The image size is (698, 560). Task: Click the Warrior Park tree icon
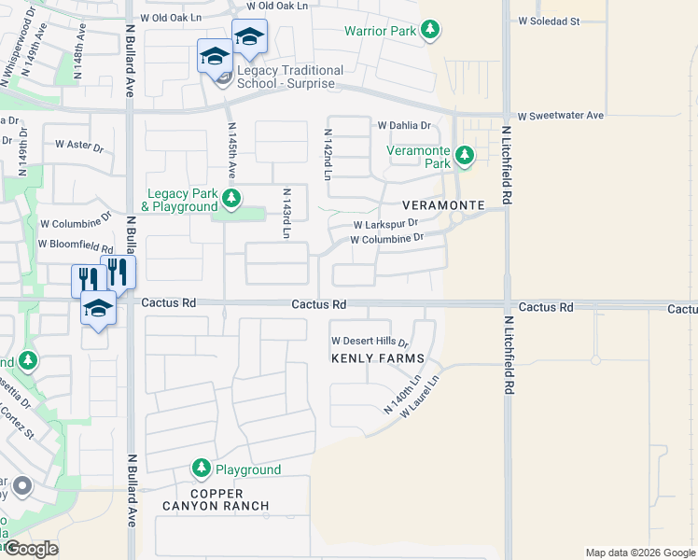point(430,31)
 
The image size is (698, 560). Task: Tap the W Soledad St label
point(549,21)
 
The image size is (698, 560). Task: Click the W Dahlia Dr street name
point(404,125)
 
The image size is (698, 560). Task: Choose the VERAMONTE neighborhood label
point(444,204)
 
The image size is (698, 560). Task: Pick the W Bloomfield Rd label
point(76,245)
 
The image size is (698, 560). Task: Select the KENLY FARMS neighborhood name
point(378,358)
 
